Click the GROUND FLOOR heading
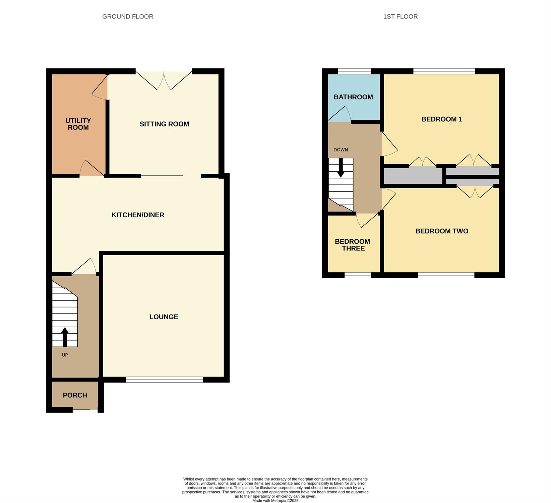pyautogui.click(x=128, y=16)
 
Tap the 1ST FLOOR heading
pyautogui.click(x=401, y=16)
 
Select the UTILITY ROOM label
pyautogui.click(x=78, y=124)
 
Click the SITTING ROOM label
pyautogui.click(x=164, y=124)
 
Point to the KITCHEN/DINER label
pyautogui.click(x=138, y=215)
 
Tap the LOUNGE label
pyautogui.click(x=164, y=317)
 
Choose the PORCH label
pyautogui.click(x=75, y=395)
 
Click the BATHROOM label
pyautogui.click(x=353, y=97)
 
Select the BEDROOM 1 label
pyautogui.click(x=442, y=119)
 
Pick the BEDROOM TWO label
pyautogui.click(x=442, y=231)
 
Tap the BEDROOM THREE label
pyautogui.click(x=353, y=245)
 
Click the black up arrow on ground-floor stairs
pyautogui.click(x=65, y=337)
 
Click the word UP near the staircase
pyautogui.click(x=65, y=355)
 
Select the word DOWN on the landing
pyautogui.click(x=341, y=150)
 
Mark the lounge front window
pyautogui.click(x=164, y=380)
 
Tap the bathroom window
pyautogui.click(x=354, y=71)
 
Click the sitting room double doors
pyautogui.click(x=164, y=80)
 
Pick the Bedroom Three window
pyautogui.click(x=358, y=275)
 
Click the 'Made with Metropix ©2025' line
pyautogui.click(x=275, y=501)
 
